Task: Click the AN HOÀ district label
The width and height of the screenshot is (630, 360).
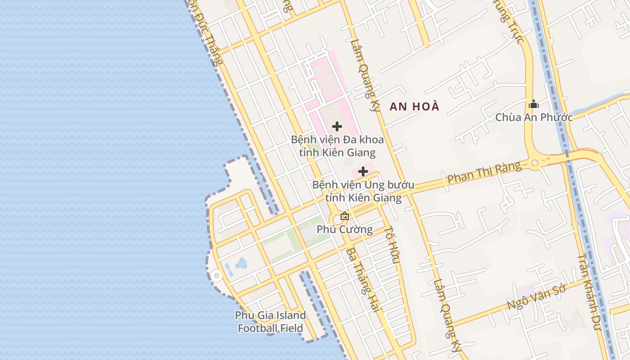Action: pyautogui.click(x=414, y=107)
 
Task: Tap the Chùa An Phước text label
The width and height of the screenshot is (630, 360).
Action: pyautogui.click(x=534, y=117)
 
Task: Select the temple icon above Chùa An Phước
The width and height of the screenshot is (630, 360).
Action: pyautogui.click(x=534, y=104)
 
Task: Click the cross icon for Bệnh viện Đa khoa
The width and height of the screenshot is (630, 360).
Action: pyautogui.click(x=337, y=126)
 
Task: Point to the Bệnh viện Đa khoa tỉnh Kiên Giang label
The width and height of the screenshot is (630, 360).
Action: pyautogui.click(x=337, y=146)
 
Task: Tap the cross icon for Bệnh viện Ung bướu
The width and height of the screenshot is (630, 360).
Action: pyautogui.click(x=363, y=171)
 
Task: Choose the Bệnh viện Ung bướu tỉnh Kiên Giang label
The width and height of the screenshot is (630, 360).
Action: pyautogui.click(x=363, y=191)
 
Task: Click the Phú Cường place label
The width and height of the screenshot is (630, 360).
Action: pyautogui.click(x=345, y=229)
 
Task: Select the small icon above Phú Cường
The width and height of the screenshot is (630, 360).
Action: pyautogui.click(x=345, y=216)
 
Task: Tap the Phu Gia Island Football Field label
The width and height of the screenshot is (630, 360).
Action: pyautogui.click(x=270, y=321)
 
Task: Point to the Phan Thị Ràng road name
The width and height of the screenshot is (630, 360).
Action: pyautogui.click(x=484, y=173)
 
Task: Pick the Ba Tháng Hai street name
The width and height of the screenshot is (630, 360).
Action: pyautogui.click(x=364, y=279)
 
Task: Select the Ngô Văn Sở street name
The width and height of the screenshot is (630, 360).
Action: pyautogui.click(x=536, y=297)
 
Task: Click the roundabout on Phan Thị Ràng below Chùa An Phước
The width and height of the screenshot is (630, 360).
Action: pyautogui.click(x=535, y=163)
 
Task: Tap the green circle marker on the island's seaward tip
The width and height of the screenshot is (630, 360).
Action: pyautogui.click(x=216, y=275)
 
